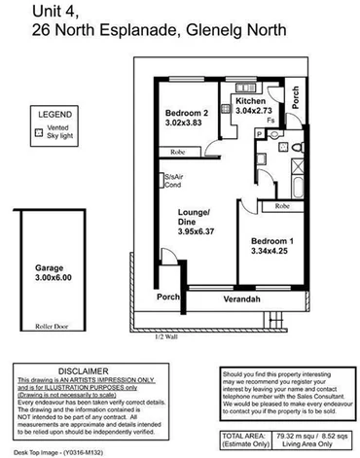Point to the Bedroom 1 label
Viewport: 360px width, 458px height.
[269, 243]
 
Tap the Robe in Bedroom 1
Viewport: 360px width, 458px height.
[282, 206]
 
